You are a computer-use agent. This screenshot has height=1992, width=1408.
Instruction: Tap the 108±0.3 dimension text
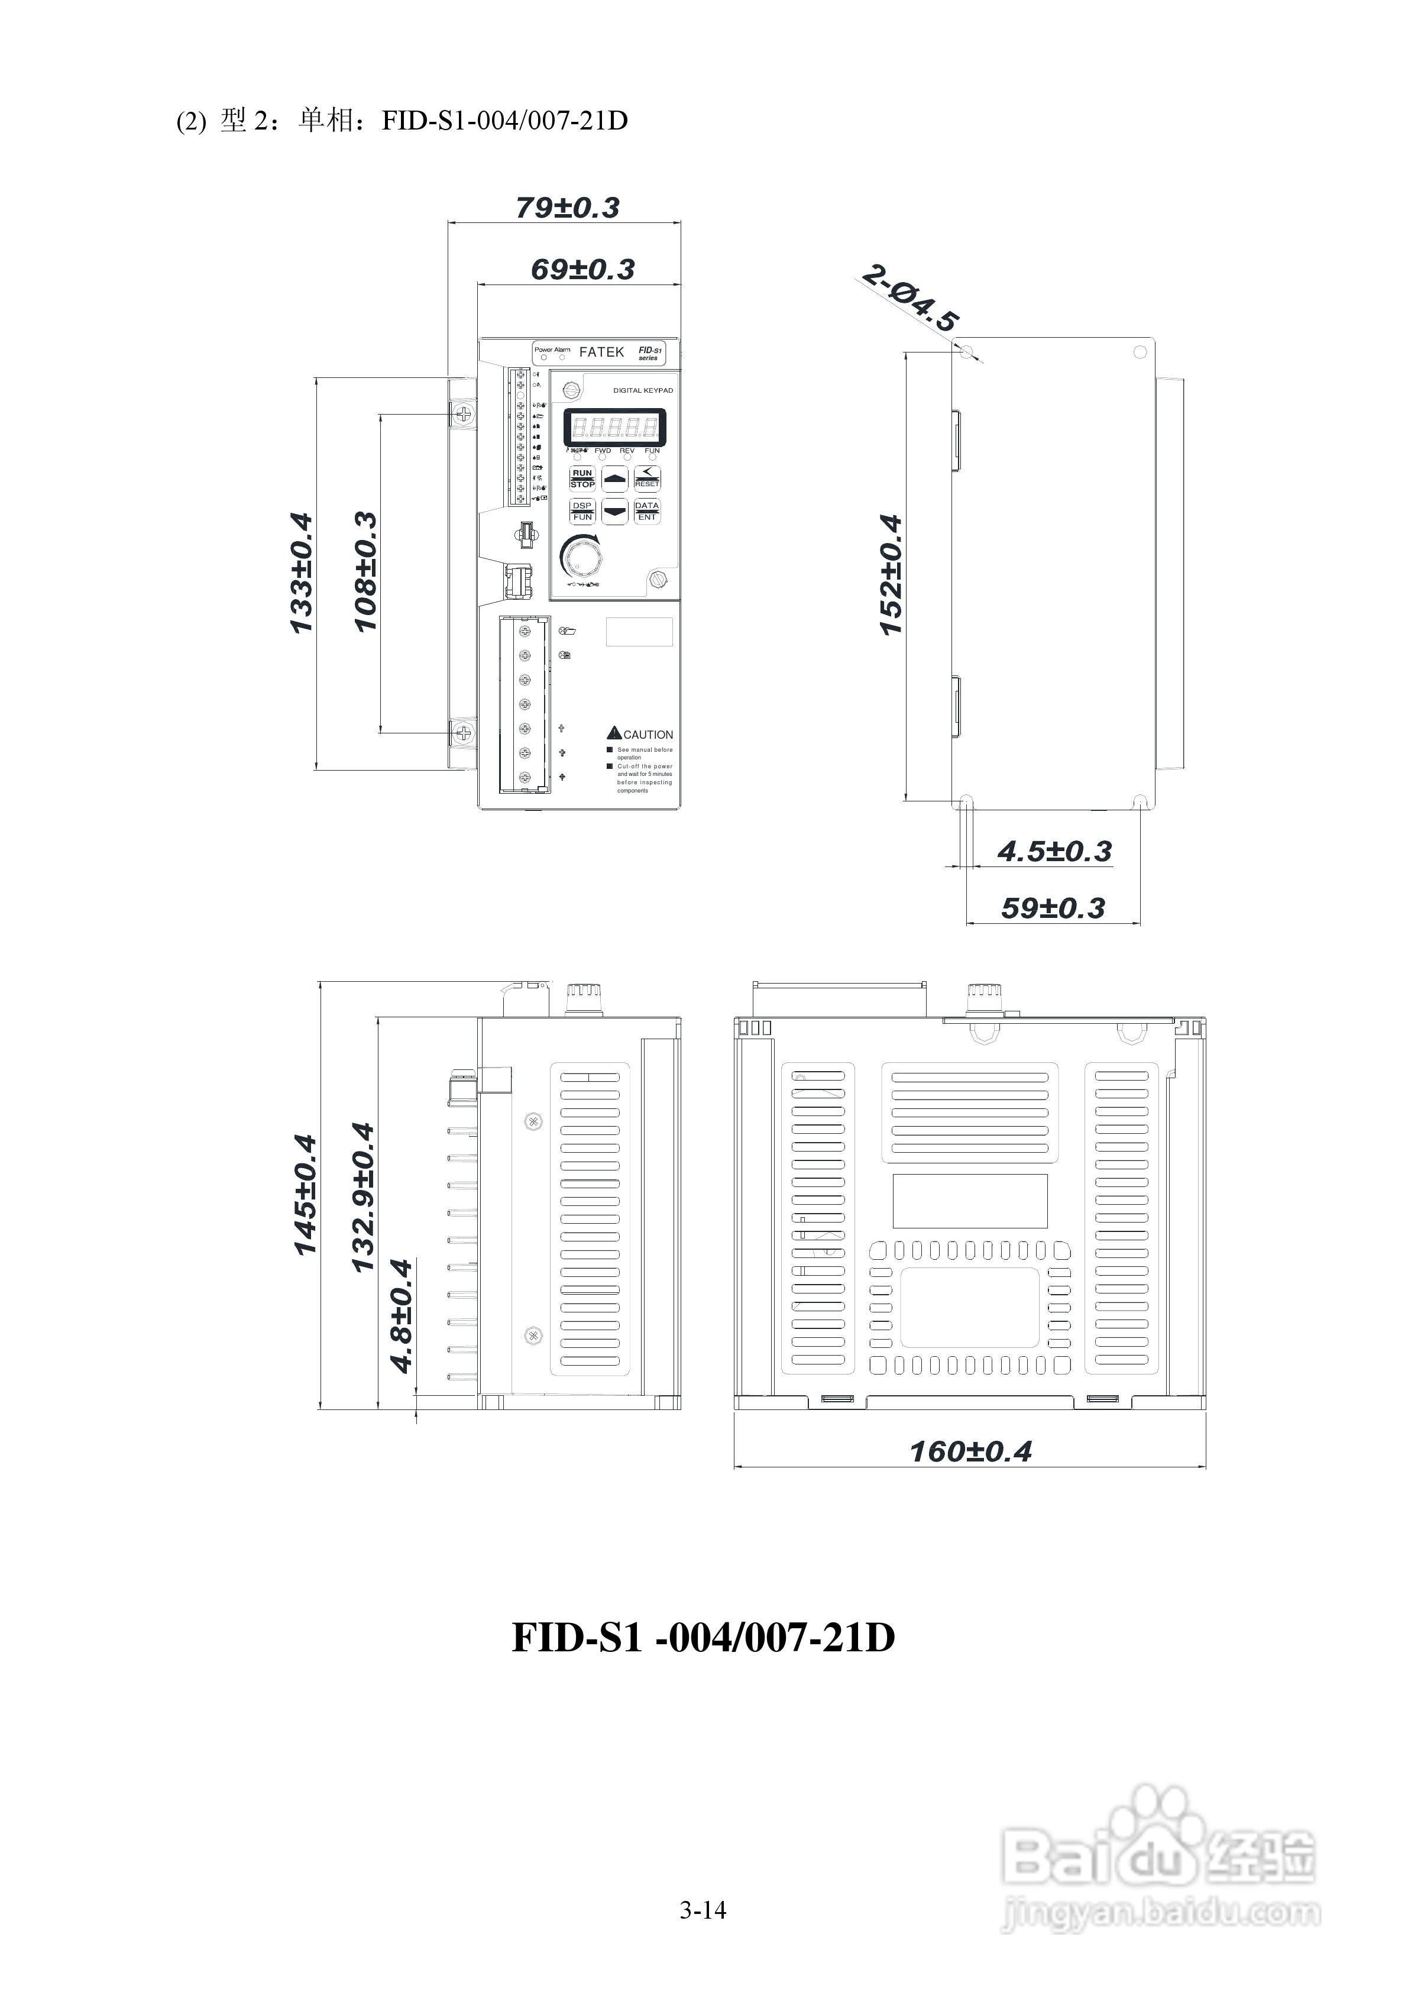366,571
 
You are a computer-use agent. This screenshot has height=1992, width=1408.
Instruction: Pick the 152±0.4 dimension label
891,574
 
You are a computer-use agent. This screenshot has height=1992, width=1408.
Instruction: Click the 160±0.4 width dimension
970,1451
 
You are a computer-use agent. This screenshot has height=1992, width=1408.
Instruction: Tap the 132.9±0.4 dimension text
362,1197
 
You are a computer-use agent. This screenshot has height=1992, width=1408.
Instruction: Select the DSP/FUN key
582,511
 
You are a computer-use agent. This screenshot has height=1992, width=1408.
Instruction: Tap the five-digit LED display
614,427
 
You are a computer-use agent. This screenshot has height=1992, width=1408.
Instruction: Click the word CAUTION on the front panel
647,735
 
